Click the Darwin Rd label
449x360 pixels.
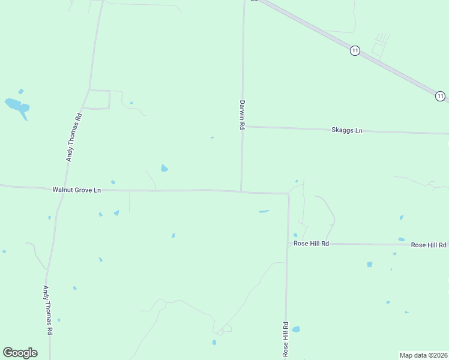[243, 115]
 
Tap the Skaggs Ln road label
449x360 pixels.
[347, 130]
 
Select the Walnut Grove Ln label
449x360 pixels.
[77, 190]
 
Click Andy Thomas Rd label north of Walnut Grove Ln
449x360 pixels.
[74, 138]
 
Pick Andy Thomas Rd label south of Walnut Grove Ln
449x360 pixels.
[47, 310]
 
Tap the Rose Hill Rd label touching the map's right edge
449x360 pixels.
[429, 245]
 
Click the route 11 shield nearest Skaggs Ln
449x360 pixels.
[440, 96]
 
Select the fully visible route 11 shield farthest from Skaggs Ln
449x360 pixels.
[355, 51]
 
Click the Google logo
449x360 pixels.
[20, 353]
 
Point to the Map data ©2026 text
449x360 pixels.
[424, 355]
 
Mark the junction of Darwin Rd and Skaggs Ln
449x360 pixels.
[242, 126]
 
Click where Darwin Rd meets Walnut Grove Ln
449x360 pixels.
[241, 191]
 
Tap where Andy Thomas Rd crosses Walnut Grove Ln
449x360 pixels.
[59, 190]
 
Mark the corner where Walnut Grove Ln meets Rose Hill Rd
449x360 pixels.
[288, 194]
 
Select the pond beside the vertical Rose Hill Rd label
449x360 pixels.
[296, 329]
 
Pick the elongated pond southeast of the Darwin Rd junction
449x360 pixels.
[264, 211]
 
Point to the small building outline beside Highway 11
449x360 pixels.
[378, 49]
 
